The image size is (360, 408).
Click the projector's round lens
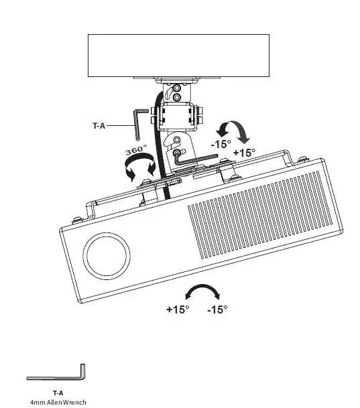pos(106,255)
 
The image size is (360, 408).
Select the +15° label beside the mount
pos(244,152)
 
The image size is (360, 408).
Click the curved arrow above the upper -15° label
pos(233,129)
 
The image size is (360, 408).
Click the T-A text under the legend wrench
pos(58,393)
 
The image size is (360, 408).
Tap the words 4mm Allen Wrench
pos(58,402)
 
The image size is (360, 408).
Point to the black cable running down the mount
pos(160,154)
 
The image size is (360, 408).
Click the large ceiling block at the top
pos(179,56)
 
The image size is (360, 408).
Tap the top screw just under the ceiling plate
pos(177,87)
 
